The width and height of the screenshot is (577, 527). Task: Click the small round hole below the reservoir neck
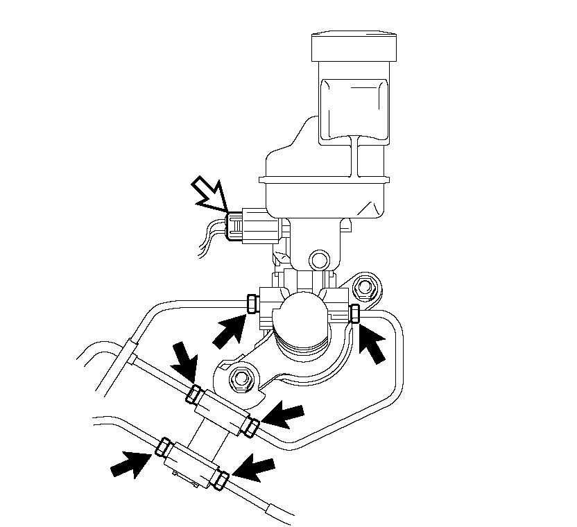pos(318,259)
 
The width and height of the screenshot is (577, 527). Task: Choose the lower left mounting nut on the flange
pos(241,378)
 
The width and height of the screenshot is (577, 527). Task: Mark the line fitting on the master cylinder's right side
pos(354,313)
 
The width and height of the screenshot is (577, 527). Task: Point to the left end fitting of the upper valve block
pos(193,395)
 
